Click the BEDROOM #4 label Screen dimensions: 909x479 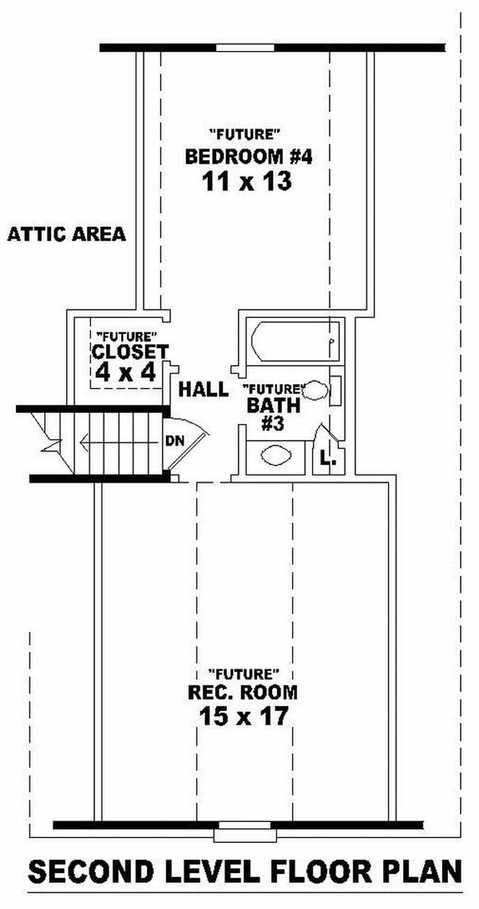[x=248, y=157]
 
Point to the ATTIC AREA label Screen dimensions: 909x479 [x=66, y=234]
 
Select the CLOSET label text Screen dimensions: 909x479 [x=130, y=351]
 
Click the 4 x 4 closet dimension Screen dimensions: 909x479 [x=126, y=373]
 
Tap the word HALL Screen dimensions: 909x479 [x=204, y=389]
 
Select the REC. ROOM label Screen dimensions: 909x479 [x=242, y=693]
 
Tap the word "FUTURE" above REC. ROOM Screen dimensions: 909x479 [x=243, y=673]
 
